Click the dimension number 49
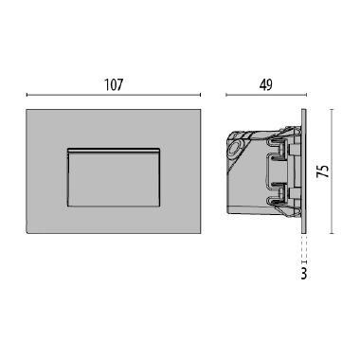pyautogui.click(x=265, y=84)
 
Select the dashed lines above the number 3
pyautogui.click(x=303, y=247)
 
